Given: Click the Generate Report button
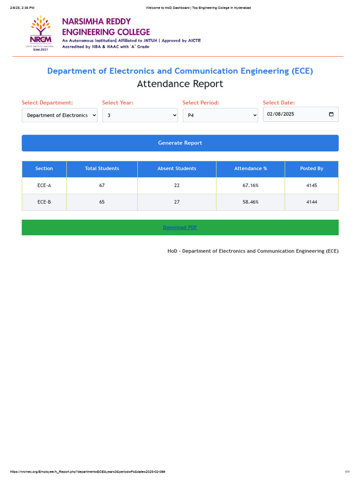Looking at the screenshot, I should pos(180,143).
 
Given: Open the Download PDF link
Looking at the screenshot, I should pos(180,227).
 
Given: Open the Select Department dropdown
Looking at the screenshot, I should pos(60,115).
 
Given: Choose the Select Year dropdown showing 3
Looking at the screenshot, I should pos(140,115).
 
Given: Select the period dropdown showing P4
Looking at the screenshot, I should pos(220,115).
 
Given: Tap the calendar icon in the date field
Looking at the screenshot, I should pos(331,114).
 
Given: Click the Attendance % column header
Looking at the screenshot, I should pos(250,169).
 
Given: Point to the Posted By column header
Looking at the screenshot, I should pos(311,169).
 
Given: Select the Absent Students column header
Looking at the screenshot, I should pos(177,169).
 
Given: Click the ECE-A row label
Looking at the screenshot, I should pos(44,186).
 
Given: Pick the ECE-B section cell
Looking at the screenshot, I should pos(44,202).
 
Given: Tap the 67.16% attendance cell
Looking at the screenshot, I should pos(250,186).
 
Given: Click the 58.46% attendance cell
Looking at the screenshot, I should pos(250,202).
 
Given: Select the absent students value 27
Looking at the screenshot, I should pos(177,202).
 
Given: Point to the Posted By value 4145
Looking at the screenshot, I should pos(311,186).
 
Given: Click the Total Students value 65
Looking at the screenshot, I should pos(102,202).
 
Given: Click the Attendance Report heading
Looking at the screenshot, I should pos(180,84).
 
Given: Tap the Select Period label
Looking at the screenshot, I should pos(201,103).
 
